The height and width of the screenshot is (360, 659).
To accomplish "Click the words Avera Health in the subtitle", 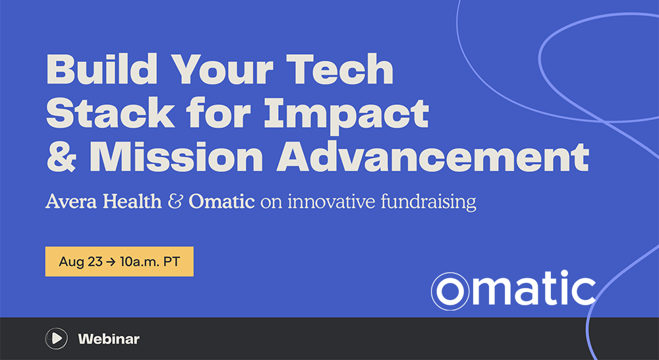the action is pos(103,202).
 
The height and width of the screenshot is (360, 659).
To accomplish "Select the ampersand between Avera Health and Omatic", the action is pos(175,202).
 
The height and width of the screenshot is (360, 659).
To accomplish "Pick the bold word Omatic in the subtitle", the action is pos(221,202).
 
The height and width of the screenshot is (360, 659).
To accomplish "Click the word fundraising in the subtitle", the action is pos(428,202).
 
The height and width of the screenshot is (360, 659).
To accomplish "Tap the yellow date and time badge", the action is pos(119,262).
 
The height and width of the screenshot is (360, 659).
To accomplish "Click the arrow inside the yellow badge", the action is pos(111,262).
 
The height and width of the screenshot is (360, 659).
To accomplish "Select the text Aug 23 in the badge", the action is pos(80,262).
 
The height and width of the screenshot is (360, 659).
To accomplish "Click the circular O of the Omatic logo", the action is pos(450,291).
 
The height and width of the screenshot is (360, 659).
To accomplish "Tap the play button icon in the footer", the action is pos(56,338).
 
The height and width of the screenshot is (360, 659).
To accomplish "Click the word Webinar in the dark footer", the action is pos(109,339).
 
